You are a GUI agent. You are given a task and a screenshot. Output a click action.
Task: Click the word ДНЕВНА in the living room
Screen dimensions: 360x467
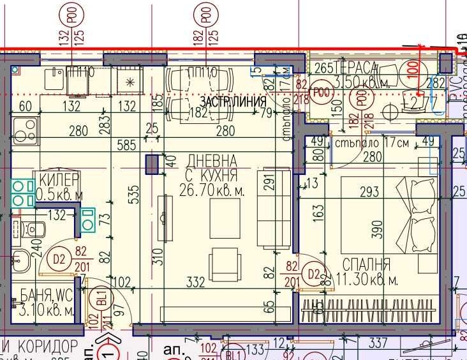212,160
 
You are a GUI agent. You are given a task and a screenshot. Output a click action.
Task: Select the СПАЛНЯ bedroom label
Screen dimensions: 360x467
366,264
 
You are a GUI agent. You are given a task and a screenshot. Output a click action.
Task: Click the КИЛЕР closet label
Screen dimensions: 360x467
59,179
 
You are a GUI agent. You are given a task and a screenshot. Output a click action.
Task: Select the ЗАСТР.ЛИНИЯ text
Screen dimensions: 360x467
233,102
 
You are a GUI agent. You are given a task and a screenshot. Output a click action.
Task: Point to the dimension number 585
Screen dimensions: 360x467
126,146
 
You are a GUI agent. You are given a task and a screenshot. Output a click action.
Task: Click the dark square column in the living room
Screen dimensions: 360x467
152,165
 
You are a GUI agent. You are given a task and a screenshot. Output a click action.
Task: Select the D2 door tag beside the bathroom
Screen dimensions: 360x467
59,259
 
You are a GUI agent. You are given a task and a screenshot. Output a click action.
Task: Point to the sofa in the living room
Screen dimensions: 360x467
274,209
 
